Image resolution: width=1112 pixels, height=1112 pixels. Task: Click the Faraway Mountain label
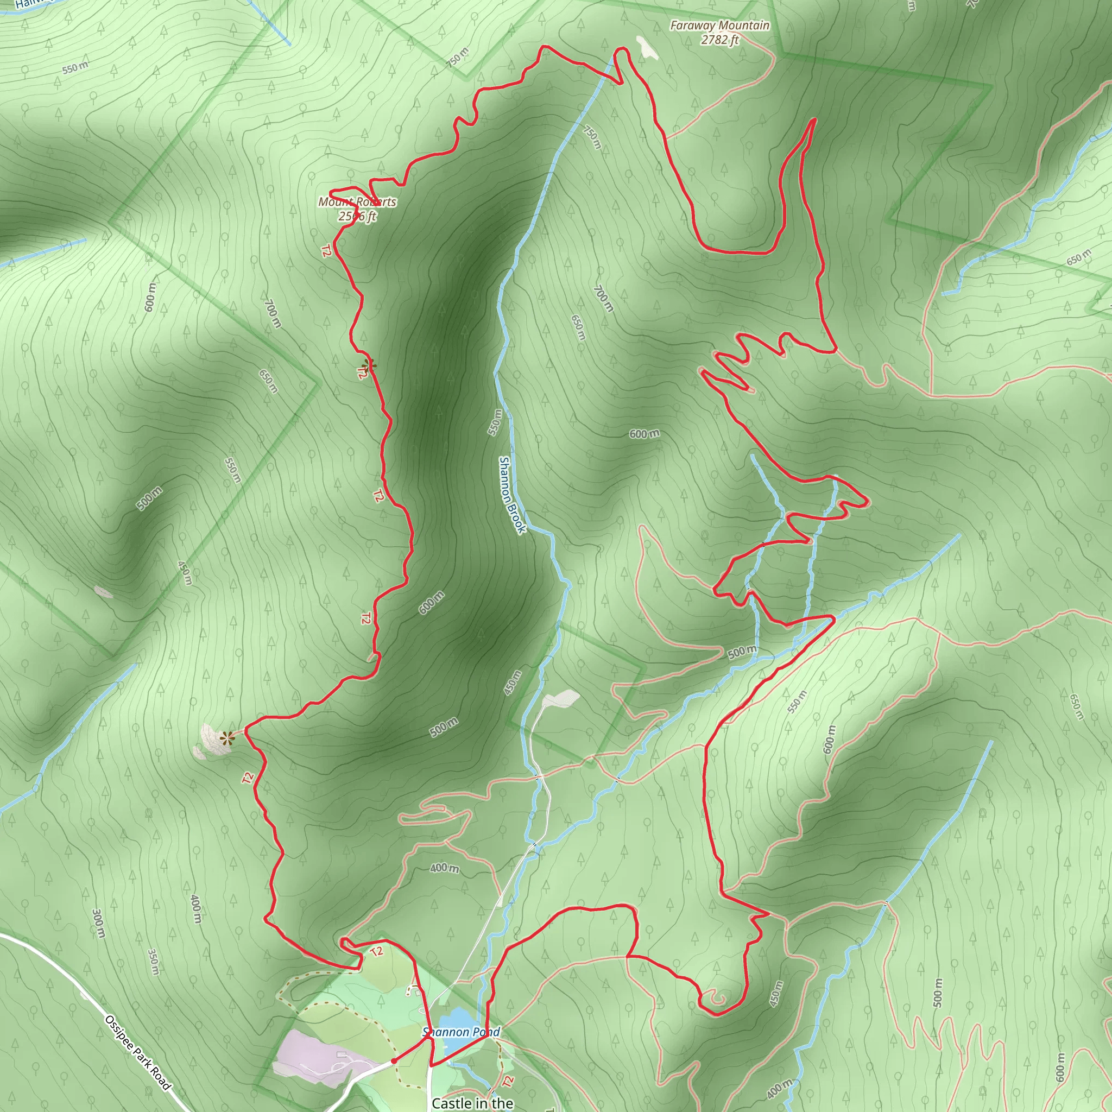point(719,26)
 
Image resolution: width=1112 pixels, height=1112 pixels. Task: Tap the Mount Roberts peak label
point(357,202)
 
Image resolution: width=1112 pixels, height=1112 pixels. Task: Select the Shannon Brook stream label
point(511,495)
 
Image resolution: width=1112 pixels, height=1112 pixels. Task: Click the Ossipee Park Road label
point(138,1053)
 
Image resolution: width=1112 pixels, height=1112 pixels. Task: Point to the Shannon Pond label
point(461,1032)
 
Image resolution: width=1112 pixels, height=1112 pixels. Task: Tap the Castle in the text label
point(472,1103)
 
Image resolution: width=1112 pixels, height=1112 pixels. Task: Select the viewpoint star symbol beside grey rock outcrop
point(228,737)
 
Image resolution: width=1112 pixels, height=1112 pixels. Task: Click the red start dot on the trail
point(394,1061)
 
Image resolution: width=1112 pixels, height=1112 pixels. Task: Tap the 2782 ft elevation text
point(719,40)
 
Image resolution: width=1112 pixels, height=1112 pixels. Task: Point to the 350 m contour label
point(153,962)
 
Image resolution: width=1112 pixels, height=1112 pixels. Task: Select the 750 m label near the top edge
point(458,58)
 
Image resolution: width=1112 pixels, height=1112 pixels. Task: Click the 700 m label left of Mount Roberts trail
point(272,313)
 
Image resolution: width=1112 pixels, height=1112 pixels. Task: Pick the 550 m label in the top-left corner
point(75,67)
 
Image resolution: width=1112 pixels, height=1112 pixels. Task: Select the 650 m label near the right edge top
point(1078,257)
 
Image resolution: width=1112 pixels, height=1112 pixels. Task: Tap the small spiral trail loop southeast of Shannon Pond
point(716,997)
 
